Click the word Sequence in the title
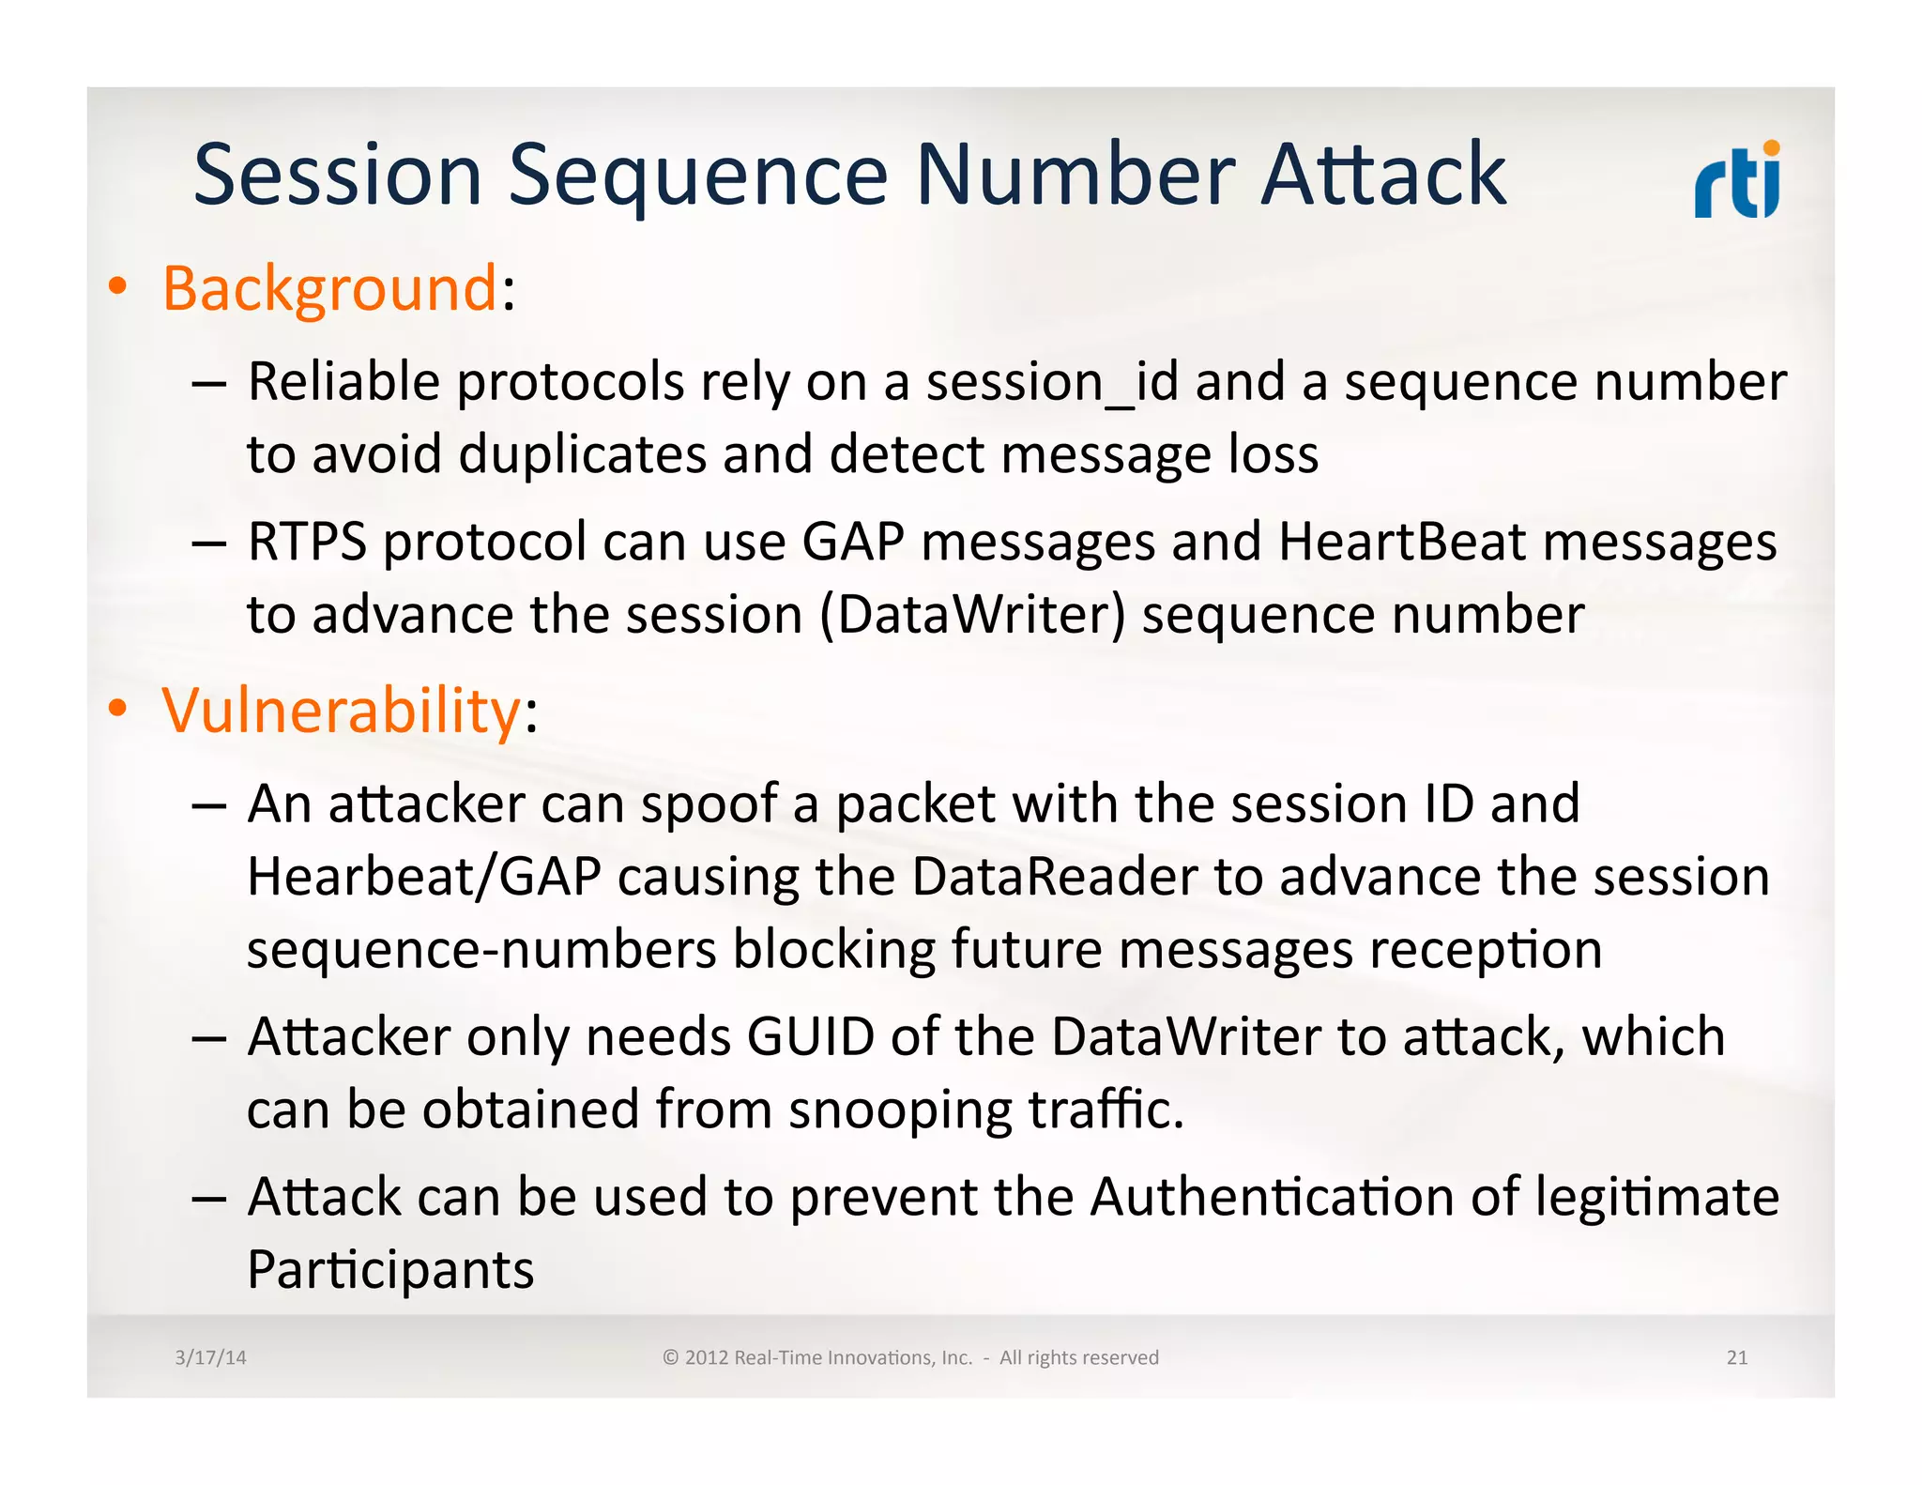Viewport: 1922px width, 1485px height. click(697, 176)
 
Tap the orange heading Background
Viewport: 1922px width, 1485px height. click(328, 288)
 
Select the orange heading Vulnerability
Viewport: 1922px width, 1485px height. click(341, 711)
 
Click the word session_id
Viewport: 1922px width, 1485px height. click(1051, 383)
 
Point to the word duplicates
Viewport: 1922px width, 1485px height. click(582, 455)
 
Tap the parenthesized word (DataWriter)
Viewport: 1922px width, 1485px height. click(971, 616)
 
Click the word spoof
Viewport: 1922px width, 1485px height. click(709, 805)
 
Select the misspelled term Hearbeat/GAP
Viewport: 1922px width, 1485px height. click(423, 878)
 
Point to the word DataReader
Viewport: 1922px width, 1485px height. click(1055, 878)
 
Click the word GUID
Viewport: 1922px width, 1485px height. click(811, 1037)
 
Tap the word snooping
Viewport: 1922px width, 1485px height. click(900, 1110)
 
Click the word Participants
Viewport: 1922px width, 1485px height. click(390, 1271)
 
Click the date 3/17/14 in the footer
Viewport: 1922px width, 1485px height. click(210, 1357)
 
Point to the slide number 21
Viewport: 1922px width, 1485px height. click(1736, 1357)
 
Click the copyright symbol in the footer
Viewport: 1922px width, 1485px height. click(670, 1357)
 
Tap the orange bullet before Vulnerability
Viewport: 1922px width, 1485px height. click(116, 710)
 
